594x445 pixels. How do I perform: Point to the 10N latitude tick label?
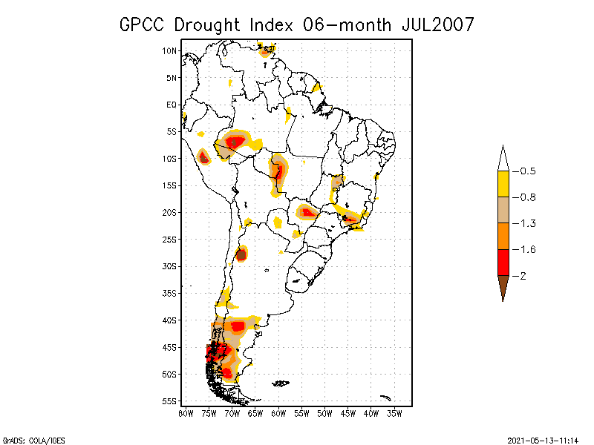pyautogui.click(x=169, y=50)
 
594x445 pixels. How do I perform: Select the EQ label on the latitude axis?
pyautogui.click(x=172, y=105)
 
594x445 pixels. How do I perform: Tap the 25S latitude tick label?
pyautogui.click(x=169, y=239)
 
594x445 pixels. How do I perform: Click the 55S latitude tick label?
pyautogui.click(x=169, y=401)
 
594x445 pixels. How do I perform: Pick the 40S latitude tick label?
pyautogui.click(x=169, y=320)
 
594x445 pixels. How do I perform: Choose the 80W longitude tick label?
pyautogui.click(x=186, y=412)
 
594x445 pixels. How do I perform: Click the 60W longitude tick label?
pyautogui.click(x=278, y=412)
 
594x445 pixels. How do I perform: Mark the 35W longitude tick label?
pyautogui.click(x=395, y=412)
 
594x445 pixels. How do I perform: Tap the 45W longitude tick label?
pyautogui.click(x=348, y=412)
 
